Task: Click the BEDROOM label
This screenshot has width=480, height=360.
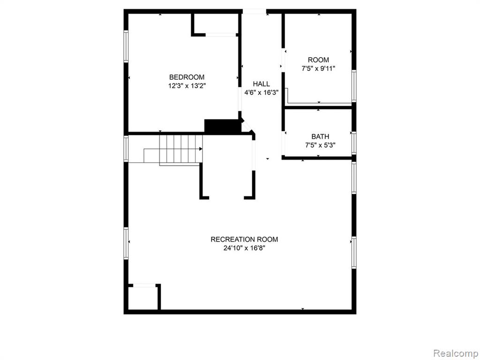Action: (187, 77)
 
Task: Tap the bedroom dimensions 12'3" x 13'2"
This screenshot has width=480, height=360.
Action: (187, 86)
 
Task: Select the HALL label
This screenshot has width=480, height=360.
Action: (262, 84)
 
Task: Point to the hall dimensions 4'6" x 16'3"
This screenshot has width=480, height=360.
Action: (262, 92)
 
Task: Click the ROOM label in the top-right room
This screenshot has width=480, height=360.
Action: (318, 60)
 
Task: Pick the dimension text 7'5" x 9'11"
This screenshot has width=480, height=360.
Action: (318, 68)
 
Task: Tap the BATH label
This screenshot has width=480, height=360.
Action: (320, 136)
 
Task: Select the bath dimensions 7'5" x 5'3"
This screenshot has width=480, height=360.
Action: (320, 145)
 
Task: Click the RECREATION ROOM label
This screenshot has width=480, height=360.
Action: (244, 240)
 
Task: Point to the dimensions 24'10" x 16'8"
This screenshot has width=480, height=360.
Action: (244, 248)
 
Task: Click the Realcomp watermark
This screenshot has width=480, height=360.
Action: (456, 353)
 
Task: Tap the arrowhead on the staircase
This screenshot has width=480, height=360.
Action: (201, 149)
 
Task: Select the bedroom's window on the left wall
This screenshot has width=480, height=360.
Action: (126, 46)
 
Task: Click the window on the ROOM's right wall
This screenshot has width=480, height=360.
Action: (354, 86)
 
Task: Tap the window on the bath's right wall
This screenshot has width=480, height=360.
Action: (354, 142)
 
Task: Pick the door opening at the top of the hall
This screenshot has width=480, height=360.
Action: (255, 12)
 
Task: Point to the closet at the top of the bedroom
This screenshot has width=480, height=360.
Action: (215, 24)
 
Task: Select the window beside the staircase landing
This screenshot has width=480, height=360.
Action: (126, 149)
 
